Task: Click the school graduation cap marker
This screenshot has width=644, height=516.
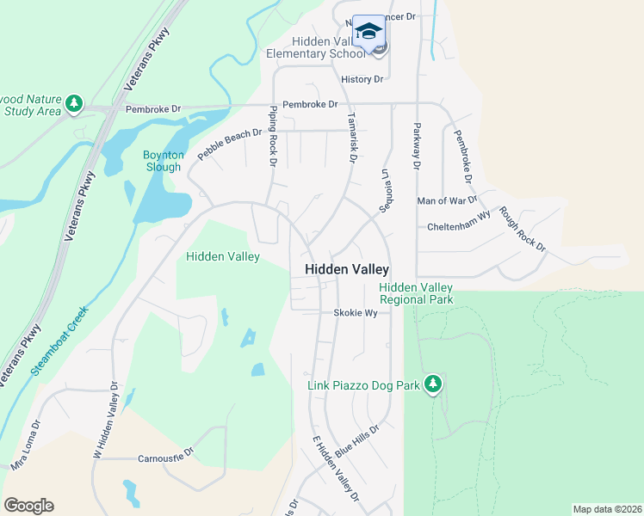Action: (369, 32)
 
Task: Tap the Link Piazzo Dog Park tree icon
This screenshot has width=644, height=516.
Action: (433, 384)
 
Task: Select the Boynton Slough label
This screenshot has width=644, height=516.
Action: (163, 161)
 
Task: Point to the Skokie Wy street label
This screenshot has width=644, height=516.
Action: (356, 313)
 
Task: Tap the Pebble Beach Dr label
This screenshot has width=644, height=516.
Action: (229, 144)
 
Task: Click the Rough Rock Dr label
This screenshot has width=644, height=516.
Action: (523, 229)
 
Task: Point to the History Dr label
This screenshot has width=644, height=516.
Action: (362, 79)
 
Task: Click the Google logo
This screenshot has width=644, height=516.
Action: (28, 506)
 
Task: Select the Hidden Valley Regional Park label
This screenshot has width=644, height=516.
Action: (416, 293)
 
